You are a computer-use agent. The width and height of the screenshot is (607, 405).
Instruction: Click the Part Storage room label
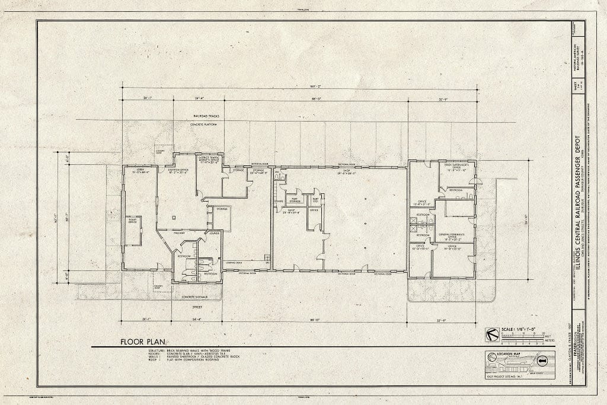[x=294, y=200]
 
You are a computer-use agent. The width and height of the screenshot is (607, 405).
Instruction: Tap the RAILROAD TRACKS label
[x=205, y=116]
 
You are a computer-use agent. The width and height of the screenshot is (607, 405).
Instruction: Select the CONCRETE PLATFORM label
[x=204, y=125]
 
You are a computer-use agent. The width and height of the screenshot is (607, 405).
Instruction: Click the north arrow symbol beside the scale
[x=491, y=334]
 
